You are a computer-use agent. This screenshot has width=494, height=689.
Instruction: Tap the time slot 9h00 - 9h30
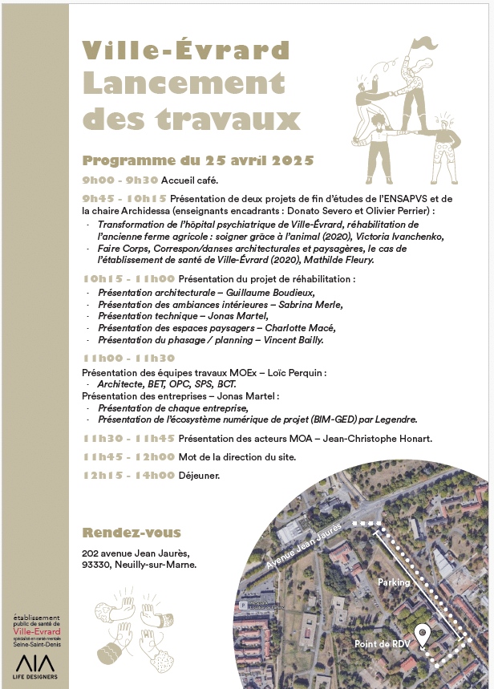[120, 180]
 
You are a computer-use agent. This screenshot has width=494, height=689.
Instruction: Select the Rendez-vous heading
[132, 533]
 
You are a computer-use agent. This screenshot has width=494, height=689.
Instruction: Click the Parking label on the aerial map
[394, 582]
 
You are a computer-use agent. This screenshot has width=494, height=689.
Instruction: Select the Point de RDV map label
[382, 645]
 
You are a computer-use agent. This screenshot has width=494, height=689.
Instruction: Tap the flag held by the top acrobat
[425, 43]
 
